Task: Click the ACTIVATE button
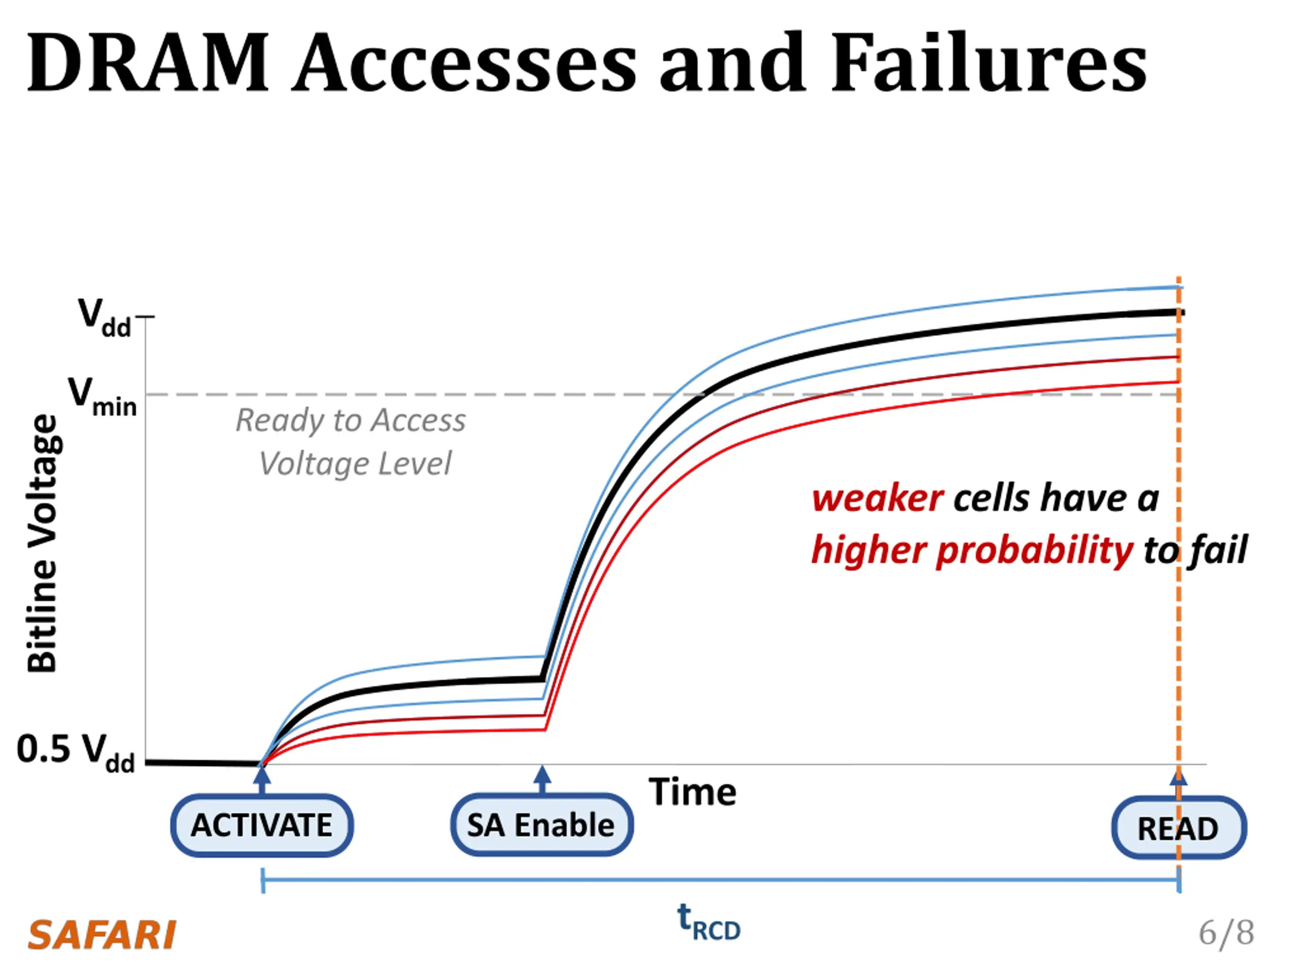pos(262,825)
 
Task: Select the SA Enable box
pos(542,825)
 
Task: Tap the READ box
pos(1178,829)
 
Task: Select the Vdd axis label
pos(104,317)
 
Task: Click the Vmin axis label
pos(102,396)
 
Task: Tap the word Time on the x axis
pos(692,792)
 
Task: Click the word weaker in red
pos(878,499)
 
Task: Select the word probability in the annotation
pos(1034,551)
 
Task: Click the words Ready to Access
pos(351,420)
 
